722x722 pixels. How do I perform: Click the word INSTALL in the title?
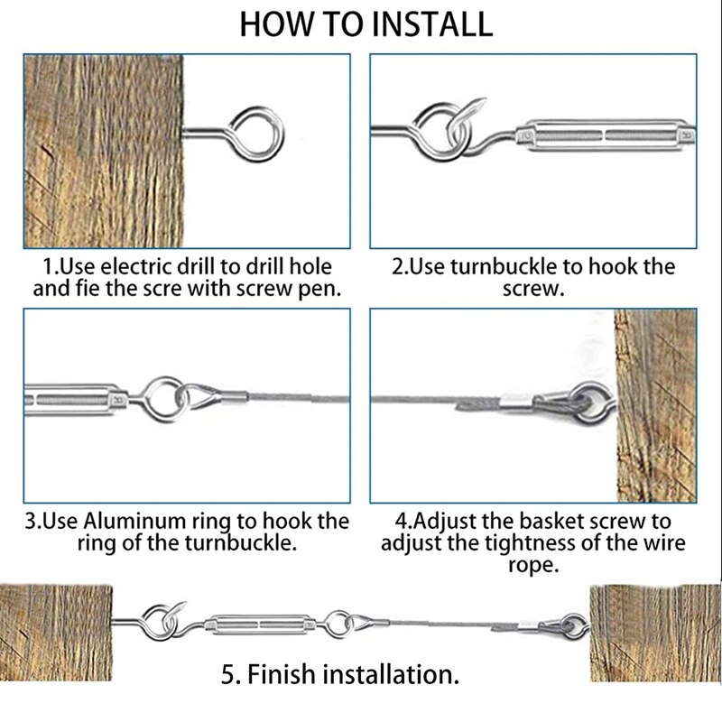click(428, 24)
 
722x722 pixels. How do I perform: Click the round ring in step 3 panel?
click(163, 394)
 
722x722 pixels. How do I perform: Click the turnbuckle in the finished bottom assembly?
click(261, 623)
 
